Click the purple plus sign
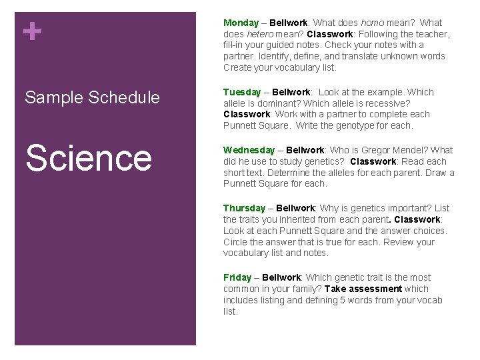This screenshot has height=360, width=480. (x=31, y=31)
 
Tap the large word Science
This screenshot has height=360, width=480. (x=89, y=157)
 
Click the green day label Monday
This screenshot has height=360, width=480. (x=241, y=23)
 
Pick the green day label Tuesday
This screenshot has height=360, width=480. (x=241, y=92)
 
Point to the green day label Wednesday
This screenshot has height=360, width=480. (x=249, y=150)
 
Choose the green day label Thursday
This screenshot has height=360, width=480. (x=244, y=208)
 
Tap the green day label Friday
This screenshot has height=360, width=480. (x=237, y=277)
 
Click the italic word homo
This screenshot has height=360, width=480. (x=372, y=23)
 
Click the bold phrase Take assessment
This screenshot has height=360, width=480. (x=363, y=289)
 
